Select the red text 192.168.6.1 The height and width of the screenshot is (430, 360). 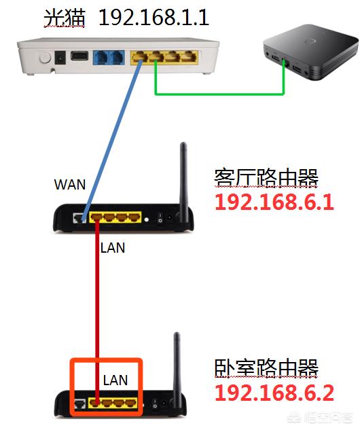274,202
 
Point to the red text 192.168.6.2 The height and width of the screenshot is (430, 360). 274,392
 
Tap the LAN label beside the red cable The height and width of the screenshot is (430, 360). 113,248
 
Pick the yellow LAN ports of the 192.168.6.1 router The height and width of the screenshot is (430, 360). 113,218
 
